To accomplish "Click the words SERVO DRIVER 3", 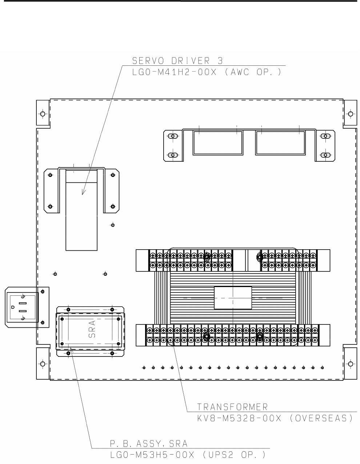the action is pyautogui.click(x=177, y=61).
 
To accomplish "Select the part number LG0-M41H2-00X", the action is pyautogui.click(x=174, y=72).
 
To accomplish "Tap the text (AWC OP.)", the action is pyautogui.click(x=253, y=72).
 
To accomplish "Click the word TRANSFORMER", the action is pyautogui.click(x=232, y=407).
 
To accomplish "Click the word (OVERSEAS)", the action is pyautogui.click(x=322, y=418).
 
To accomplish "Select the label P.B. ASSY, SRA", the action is pyautogui.click(x=149, y=444).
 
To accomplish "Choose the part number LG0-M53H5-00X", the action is pyautogui.click(x=152, y=455).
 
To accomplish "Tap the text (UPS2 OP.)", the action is pyautogui.click(x=234, y=455).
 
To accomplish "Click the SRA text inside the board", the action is pyautogui.click(x=92, y=329).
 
